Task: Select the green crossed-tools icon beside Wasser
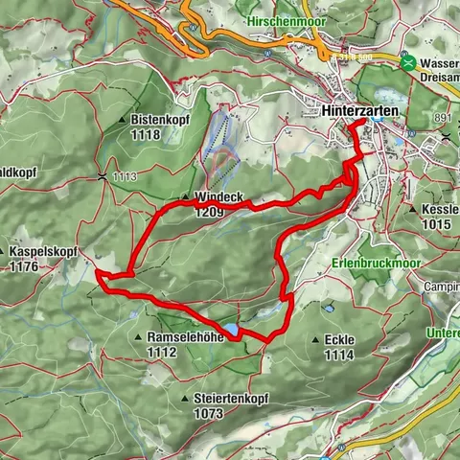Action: pos(409,63)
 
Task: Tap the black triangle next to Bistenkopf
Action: pos(123,121)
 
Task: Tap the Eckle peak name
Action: pos(339,339)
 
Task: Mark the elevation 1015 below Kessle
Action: pos(436,223)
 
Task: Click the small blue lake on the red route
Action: pos(232,329)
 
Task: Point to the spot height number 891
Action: pos(441,117)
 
